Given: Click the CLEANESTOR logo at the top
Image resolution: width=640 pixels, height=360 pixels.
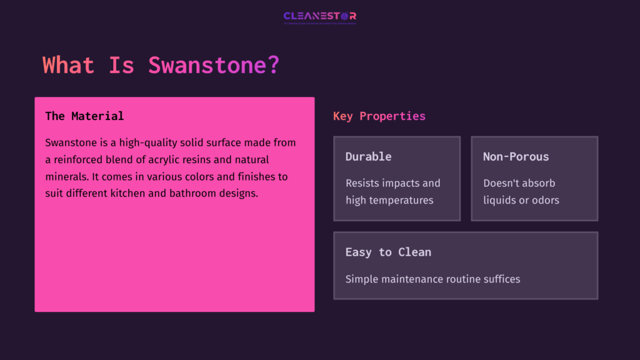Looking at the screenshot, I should [x=320, y=17].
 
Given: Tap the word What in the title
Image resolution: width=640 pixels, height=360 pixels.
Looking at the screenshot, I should [x=69, y=65].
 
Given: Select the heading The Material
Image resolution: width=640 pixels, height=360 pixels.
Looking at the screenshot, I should [x=84, y=116].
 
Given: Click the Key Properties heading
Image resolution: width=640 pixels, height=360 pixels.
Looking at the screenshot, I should [x=379, y=116].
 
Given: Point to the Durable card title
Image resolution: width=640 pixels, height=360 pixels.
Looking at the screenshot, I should [x=368, y=157].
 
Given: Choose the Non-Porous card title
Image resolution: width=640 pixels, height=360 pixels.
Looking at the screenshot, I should [x=516, y=157].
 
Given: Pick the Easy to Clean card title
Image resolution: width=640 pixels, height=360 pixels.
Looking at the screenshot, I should [x=388, y=252].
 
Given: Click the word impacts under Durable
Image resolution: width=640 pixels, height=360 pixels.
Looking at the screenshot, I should [x=407, y=183].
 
